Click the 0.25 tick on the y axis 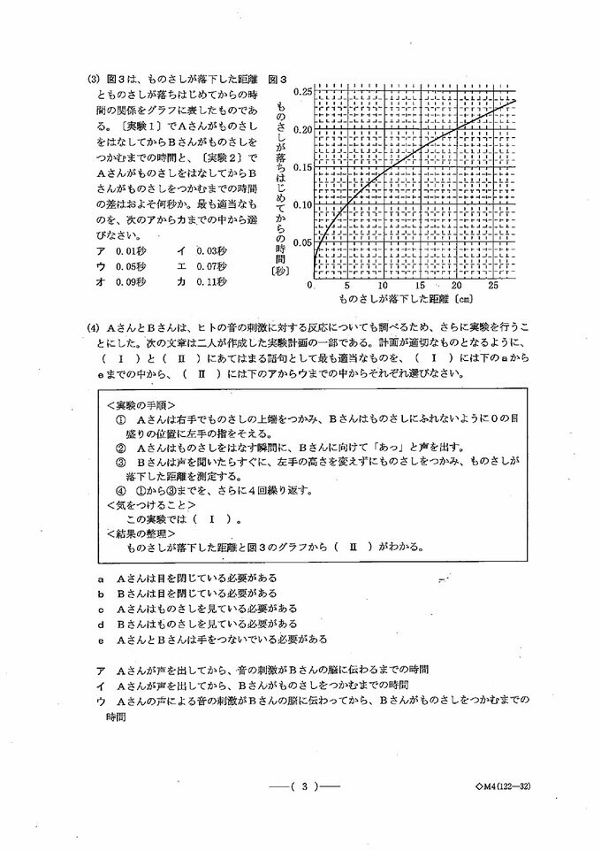click(x=301, y=92)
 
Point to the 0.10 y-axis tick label click(x=301, y=204)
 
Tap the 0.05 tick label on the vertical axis click(x=301, y=242)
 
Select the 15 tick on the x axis click(x=420, y=287)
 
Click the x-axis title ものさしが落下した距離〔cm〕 click(x=403, y=301)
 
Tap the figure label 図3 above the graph click(x=278, y=79)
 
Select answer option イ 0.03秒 click(x=202, y=250)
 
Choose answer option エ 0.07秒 click(x=202, y=266)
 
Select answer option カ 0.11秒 click(x=202, y=282)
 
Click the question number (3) click(x=94, y=79)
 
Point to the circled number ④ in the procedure click(x=121, y=490)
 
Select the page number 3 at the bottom click(x=303, y=786)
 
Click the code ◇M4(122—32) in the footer click(x=501, y=786)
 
